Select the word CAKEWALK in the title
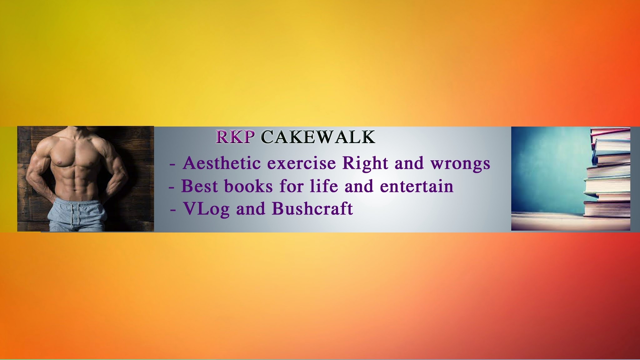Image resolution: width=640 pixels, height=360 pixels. (x=318, y=137)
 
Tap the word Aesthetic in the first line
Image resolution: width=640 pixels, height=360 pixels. (x=222, y=163)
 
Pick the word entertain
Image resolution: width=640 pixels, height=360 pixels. (x=417, y=186)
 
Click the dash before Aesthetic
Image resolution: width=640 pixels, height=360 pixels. (x=172, y=164)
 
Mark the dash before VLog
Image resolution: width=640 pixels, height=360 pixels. (x=173, y=210)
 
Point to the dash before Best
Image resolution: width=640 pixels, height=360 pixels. (x=171, y=187)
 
